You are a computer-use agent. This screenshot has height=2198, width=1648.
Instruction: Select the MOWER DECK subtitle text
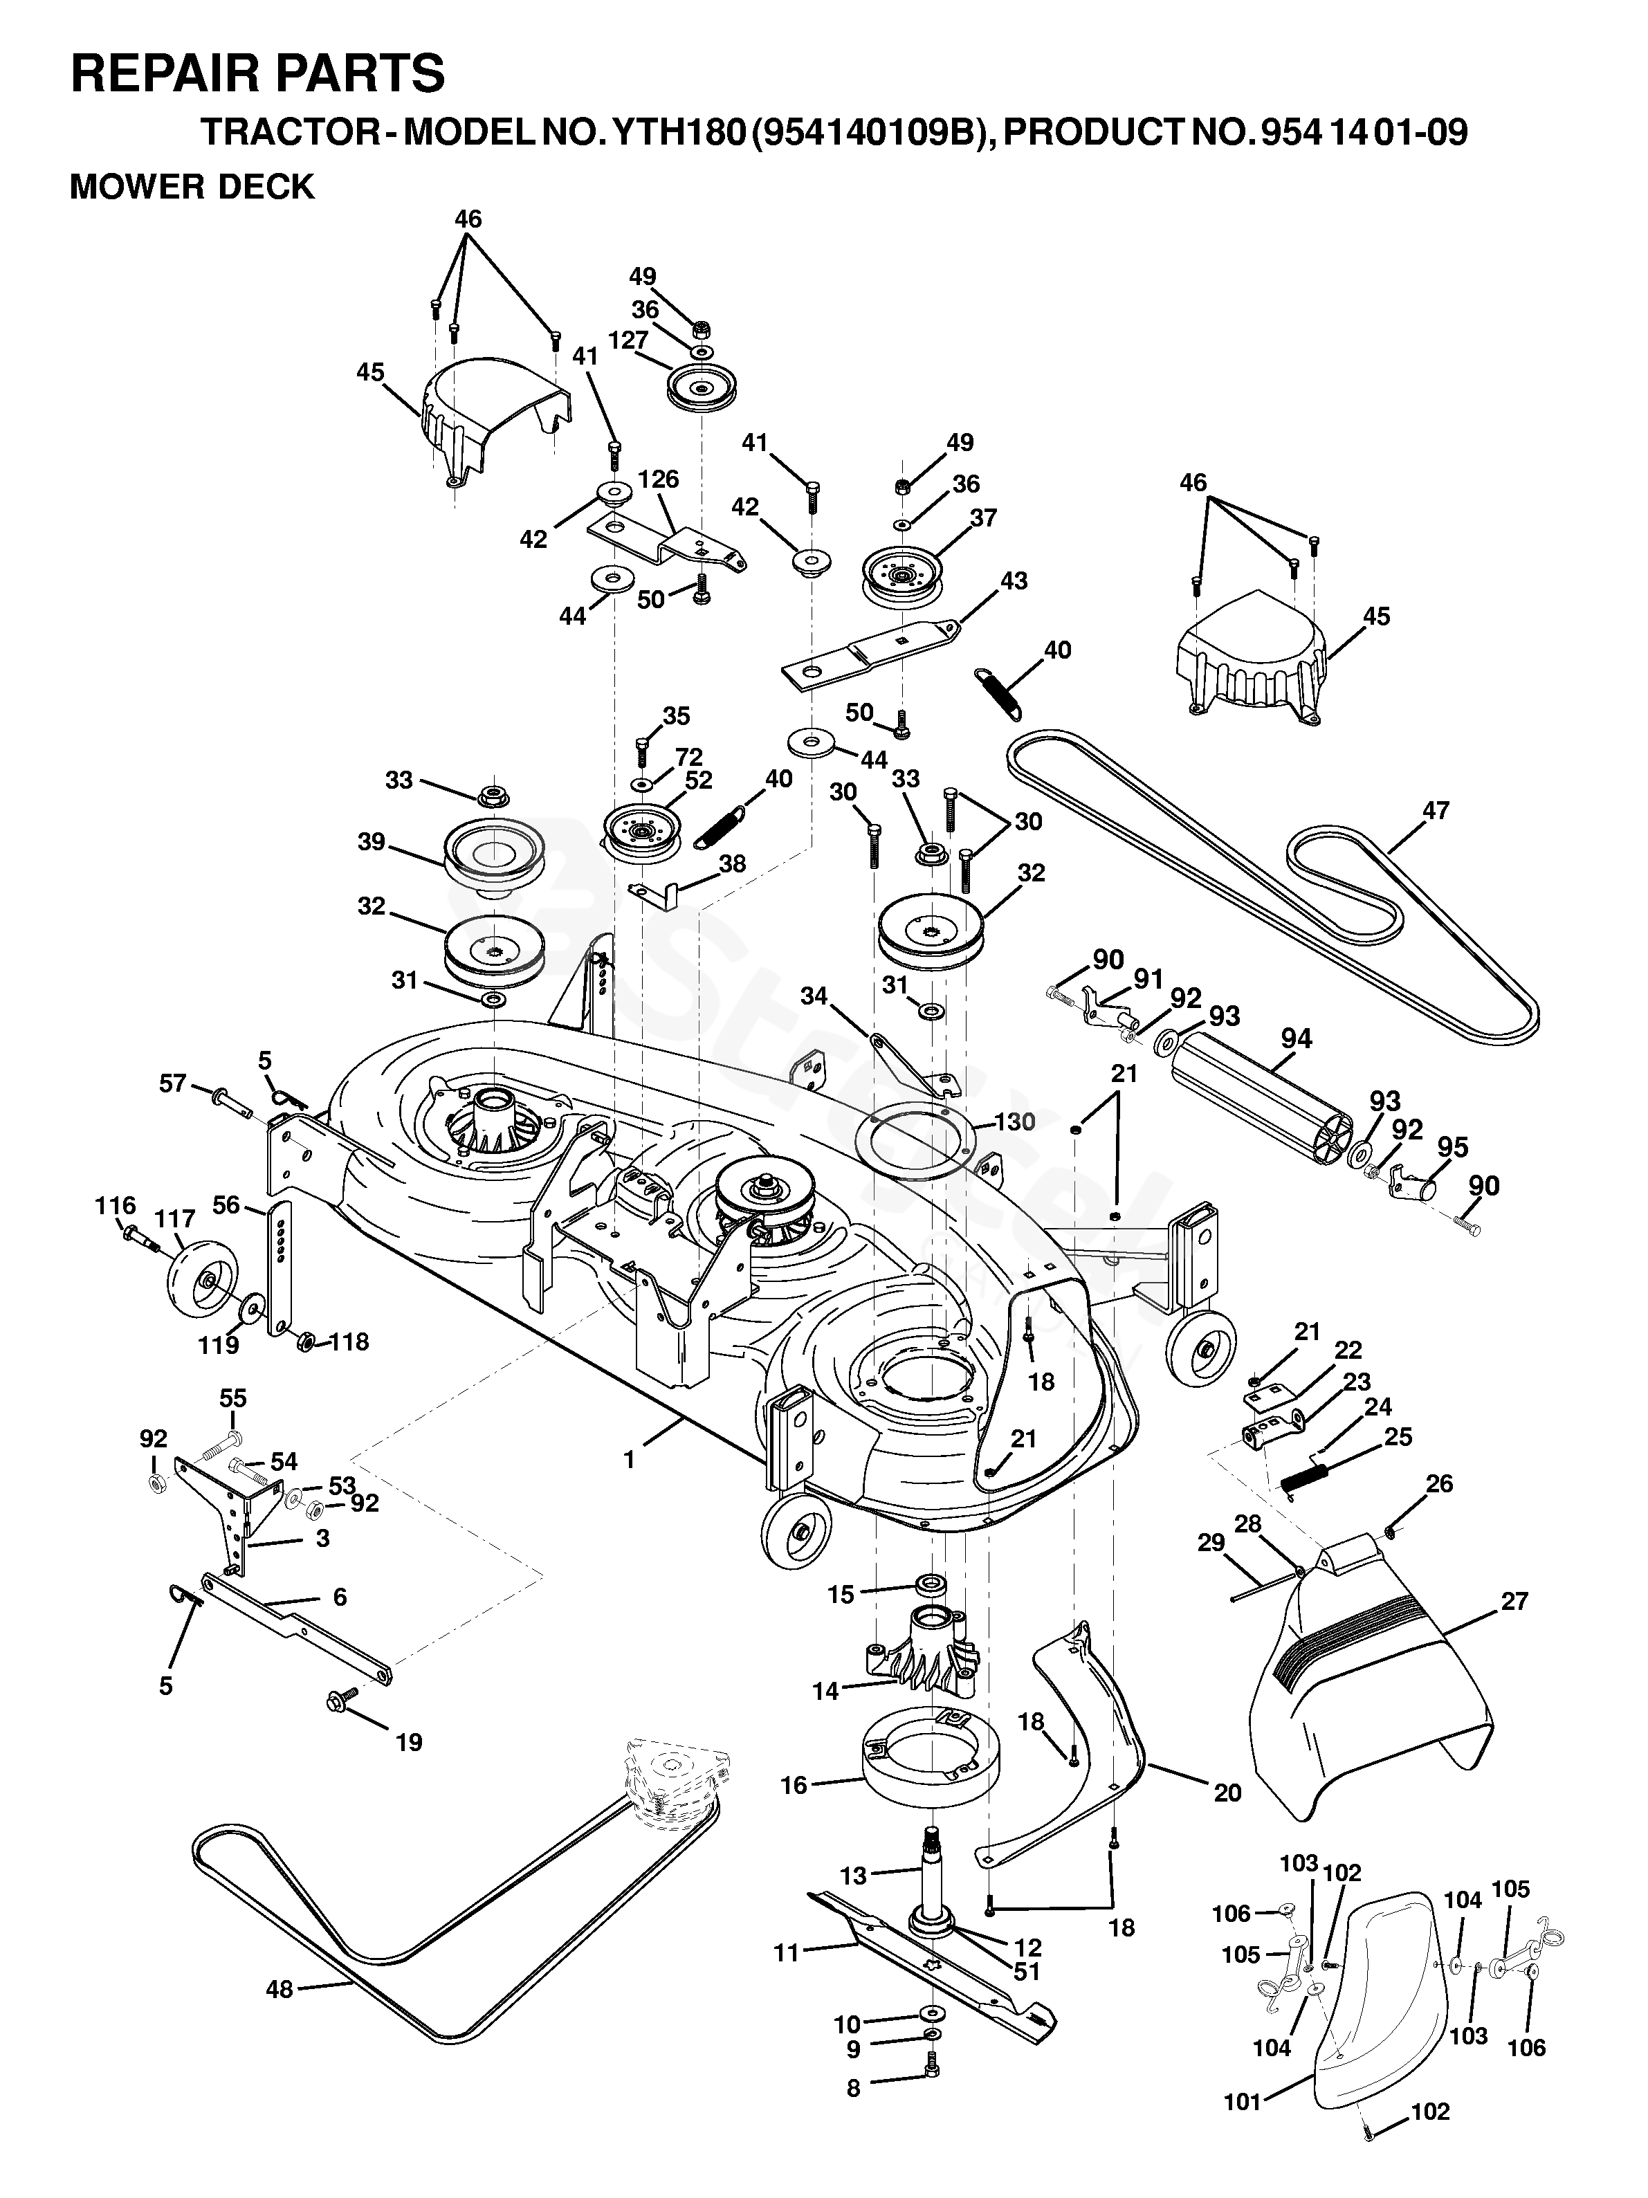point(192,186)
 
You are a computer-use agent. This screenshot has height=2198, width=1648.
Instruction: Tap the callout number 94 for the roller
point(1296,1039)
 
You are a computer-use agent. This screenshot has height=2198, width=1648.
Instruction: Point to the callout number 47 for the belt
point(1434,811)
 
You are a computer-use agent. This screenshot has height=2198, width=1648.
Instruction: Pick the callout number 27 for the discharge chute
point(1514,1601)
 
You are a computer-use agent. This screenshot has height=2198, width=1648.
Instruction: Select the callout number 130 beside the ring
point(1014,1122)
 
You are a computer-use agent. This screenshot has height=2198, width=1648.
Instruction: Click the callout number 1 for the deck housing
point(628,1460)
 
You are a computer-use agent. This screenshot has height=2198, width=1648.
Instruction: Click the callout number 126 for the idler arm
point(658,480)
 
